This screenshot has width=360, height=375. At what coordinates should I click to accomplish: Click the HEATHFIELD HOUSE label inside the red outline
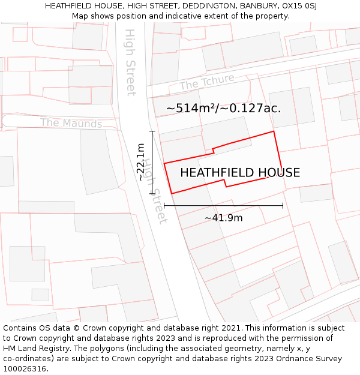point(240,173)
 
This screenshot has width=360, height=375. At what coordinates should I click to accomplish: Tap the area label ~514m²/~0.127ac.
point(223,109)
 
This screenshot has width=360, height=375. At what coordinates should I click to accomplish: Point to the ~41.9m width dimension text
point(223,218)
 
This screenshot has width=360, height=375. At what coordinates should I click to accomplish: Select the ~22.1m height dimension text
point(140,162)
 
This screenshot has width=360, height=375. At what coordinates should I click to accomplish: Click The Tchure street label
point(206,84)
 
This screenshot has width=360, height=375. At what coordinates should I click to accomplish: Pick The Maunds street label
point(71,124)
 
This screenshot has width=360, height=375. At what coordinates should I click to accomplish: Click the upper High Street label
point(130,62)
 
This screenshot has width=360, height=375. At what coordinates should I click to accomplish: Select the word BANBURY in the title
point(255,6)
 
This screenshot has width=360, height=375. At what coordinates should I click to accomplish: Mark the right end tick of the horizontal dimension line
point(283,206)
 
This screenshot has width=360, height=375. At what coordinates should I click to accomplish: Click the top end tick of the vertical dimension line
point(152,131)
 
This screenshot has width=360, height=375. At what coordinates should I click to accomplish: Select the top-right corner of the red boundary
point(274,131)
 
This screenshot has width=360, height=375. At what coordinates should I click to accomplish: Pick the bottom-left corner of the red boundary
point(172,193)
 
